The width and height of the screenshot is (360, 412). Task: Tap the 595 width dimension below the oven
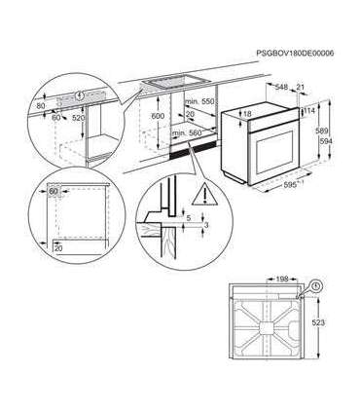(x=289, y=182)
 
